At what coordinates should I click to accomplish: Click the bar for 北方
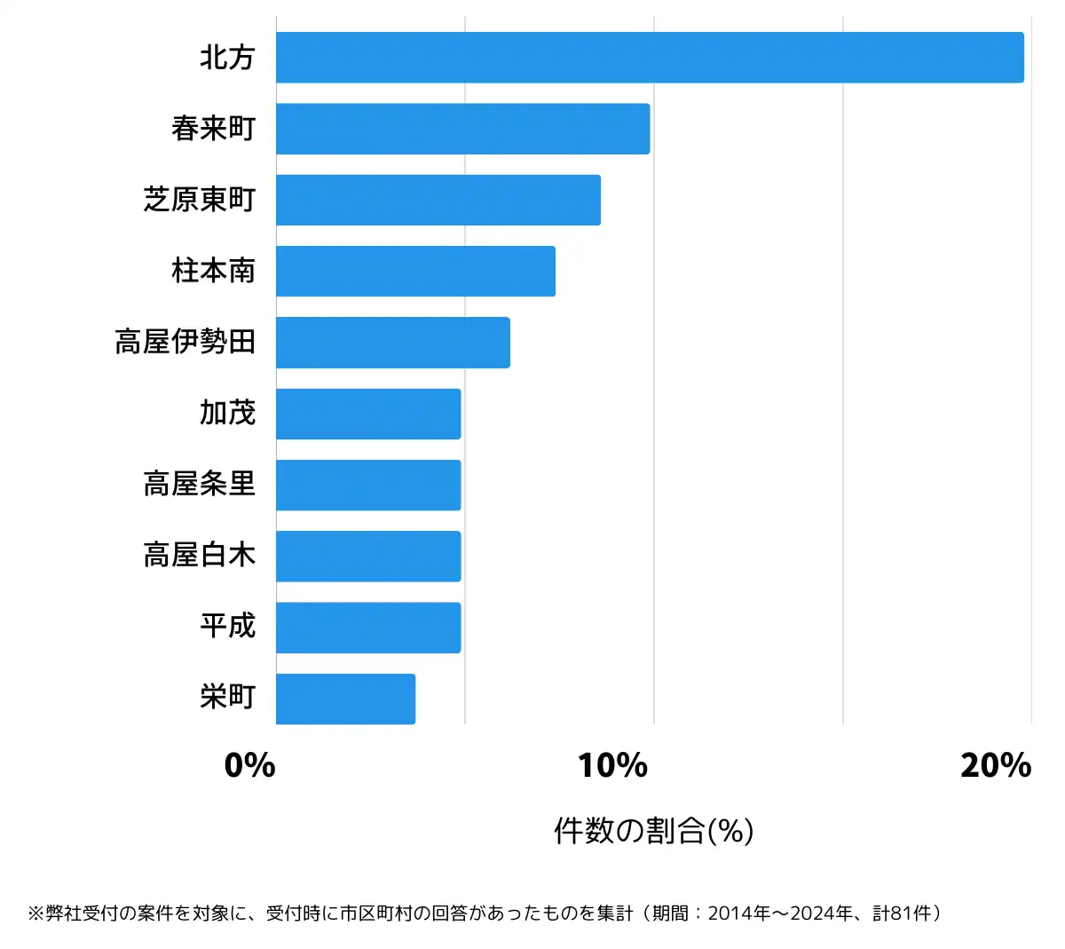pyautogui.click(x=650, y=58)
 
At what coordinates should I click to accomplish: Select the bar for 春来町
pyautogui.click(x=462, y=129)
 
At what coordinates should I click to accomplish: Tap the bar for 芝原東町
pyautogui.click(x=438, y=200)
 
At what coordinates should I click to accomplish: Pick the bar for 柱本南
pyautogui.click(x=415, y=271)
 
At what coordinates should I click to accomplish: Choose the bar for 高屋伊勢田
pyautogui.click(x=392, y=342)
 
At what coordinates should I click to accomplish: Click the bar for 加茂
pyautogui.click(x=368, y=414)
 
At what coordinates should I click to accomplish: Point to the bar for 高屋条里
pyautogui.click(x=368, y=485)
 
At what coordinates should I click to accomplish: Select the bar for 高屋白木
pyautogui.click(x=368, y=556)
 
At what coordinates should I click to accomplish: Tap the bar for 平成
pyautogui.click(x=368, y=628)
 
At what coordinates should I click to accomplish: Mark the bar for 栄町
pyautogui.click(x=345, y=699)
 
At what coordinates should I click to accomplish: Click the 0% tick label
pyautogui.click(x=250, y=765)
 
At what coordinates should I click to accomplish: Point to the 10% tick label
pyautogui.click(x=612, y=765)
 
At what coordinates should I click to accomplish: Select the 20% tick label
pyautogui.click(x=995, y=765)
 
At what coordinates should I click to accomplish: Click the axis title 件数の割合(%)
pyautogui.click(x=653, y=831)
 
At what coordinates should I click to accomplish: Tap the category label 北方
pyautogui.click(x=227, y=58)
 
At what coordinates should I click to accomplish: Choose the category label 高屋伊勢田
pyautogui.click(x=185, y=342)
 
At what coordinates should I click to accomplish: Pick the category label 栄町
pyautogui.click(x=227, y=698)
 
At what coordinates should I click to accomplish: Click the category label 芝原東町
pyautogui.click(x=200, y=200)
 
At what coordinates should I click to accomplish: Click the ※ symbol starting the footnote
pyautogui.click(x=36, y=913)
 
